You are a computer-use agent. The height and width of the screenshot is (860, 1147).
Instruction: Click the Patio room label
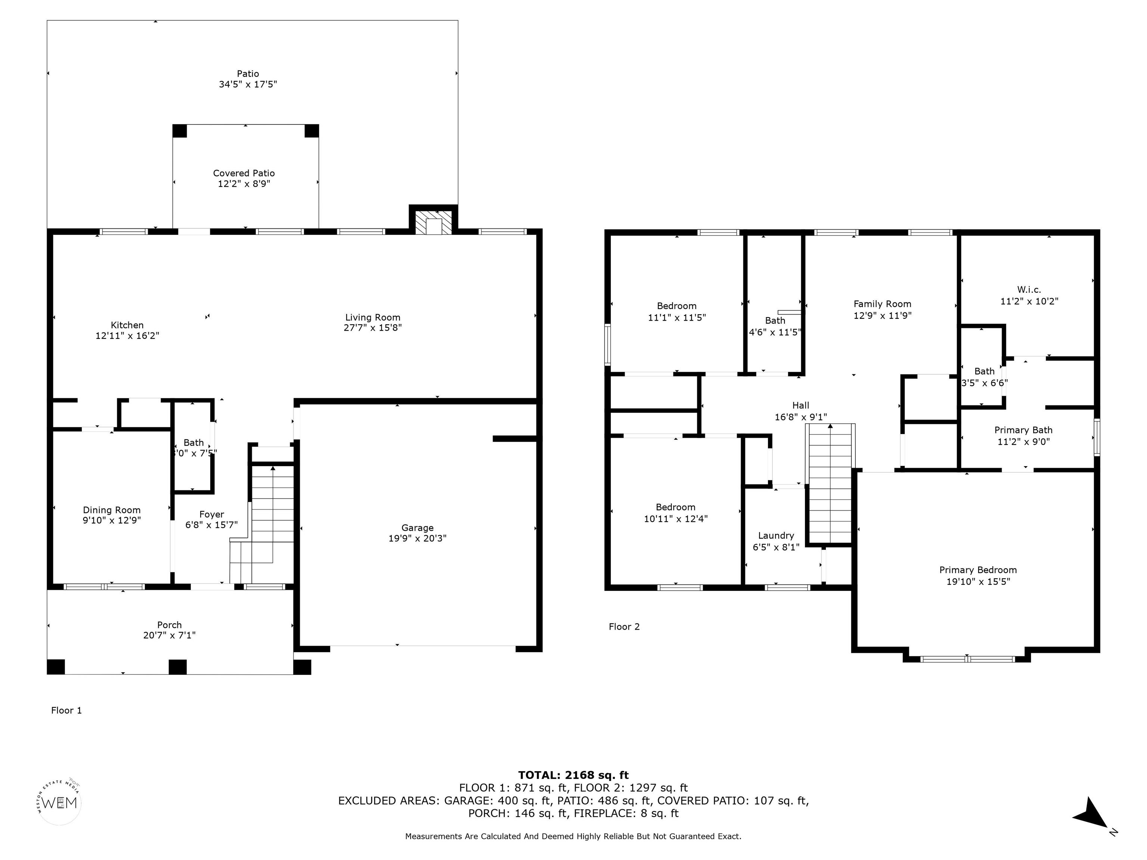[248, 74]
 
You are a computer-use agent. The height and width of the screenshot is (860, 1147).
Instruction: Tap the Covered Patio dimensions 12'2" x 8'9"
[244, 184]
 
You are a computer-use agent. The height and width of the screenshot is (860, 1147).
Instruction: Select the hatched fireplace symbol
[433, 222]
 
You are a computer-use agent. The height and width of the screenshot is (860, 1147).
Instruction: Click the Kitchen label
[127, 325]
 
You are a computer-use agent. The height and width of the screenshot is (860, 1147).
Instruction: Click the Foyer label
[212, 514]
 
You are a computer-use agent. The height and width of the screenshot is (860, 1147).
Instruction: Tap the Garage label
[417, 528]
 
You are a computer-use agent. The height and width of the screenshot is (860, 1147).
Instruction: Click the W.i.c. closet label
[1029, 290]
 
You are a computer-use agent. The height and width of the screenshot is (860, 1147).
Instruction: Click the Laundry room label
[776, 536]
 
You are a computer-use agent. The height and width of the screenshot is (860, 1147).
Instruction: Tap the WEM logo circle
[60, 803]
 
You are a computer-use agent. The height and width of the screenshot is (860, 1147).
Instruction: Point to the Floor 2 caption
[624, 627]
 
